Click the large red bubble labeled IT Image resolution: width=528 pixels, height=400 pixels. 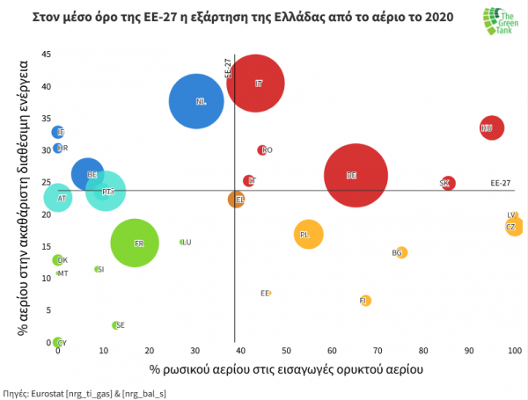pos(255,84)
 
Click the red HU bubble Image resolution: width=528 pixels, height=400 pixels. pos(491,128)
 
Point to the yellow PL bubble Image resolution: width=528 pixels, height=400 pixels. pos(308,235)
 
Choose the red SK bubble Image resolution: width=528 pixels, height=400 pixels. pos(448,183)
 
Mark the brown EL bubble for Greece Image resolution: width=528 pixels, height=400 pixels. pos(236,200)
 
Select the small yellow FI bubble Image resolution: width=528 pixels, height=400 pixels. pos(365,301)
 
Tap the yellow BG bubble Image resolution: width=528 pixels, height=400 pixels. pos(401,253)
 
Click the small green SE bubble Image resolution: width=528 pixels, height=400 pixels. pos(115,325)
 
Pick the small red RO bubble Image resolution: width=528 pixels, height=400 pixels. pos(262,150)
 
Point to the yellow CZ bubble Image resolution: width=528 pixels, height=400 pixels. pos(514,227)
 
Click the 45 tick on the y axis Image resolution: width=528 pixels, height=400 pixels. pos(45,55)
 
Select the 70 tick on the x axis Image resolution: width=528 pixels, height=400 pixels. pos(378,352)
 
